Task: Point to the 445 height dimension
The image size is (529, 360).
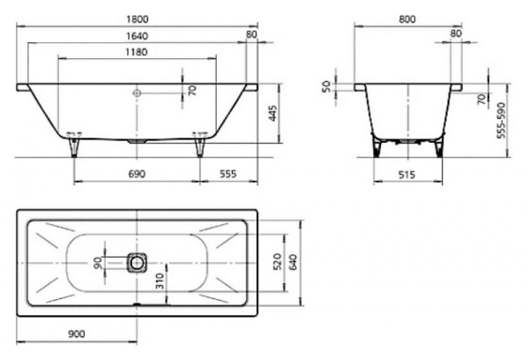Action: pos(273,114)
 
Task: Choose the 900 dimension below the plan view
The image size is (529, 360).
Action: pos(77,334)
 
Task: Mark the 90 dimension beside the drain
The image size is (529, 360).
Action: pos(97,262)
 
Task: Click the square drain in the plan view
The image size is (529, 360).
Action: pos(137,262)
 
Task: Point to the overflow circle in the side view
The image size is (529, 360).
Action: pos(137,91)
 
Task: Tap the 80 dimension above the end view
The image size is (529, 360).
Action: pos(456,33)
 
